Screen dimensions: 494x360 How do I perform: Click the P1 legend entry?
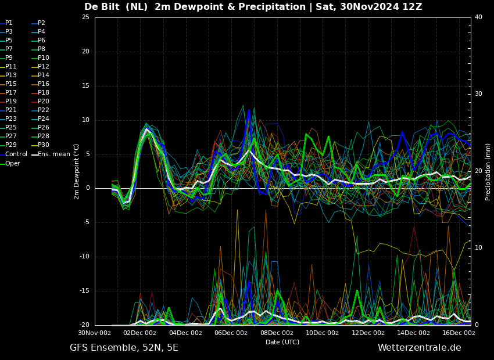pos(6,23)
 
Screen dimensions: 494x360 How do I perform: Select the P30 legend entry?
pos(41,145)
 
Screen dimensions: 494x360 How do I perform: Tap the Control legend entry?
pos(14,154)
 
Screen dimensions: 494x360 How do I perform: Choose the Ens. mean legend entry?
pos(51,154)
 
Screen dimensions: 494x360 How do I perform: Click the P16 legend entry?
pos(41,84)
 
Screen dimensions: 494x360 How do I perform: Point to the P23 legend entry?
pos(9,118)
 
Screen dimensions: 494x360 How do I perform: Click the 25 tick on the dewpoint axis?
pos(85,17)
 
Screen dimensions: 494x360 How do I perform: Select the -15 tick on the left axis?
pos(84,291)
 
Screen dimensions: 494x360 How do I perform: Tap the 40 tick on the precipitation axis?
pos(478,17)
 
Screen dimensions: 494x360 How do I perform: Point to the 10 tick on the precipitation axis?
pos(478,248)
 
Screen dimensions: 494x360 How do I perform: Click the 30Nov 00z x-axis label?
pos(95,333)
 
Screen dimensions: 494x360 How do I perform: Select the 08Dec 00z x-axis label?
pos(277,333)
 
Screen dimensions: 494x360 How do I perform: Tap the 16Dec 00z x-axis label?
pos(459,333)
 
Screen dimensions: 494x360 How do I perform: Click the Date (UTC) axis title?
pos(282,342)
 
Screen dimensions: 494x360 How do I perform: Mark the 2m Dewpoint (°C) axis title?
pos(76,172)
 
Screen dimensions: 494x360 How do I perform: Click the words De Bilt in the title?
pos(102,6)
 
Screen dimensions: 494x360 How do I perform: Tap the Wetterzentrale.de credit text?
pos(420,348)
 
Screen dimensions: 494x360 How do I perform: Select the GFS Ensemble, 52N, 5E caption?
pos(124,348)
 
